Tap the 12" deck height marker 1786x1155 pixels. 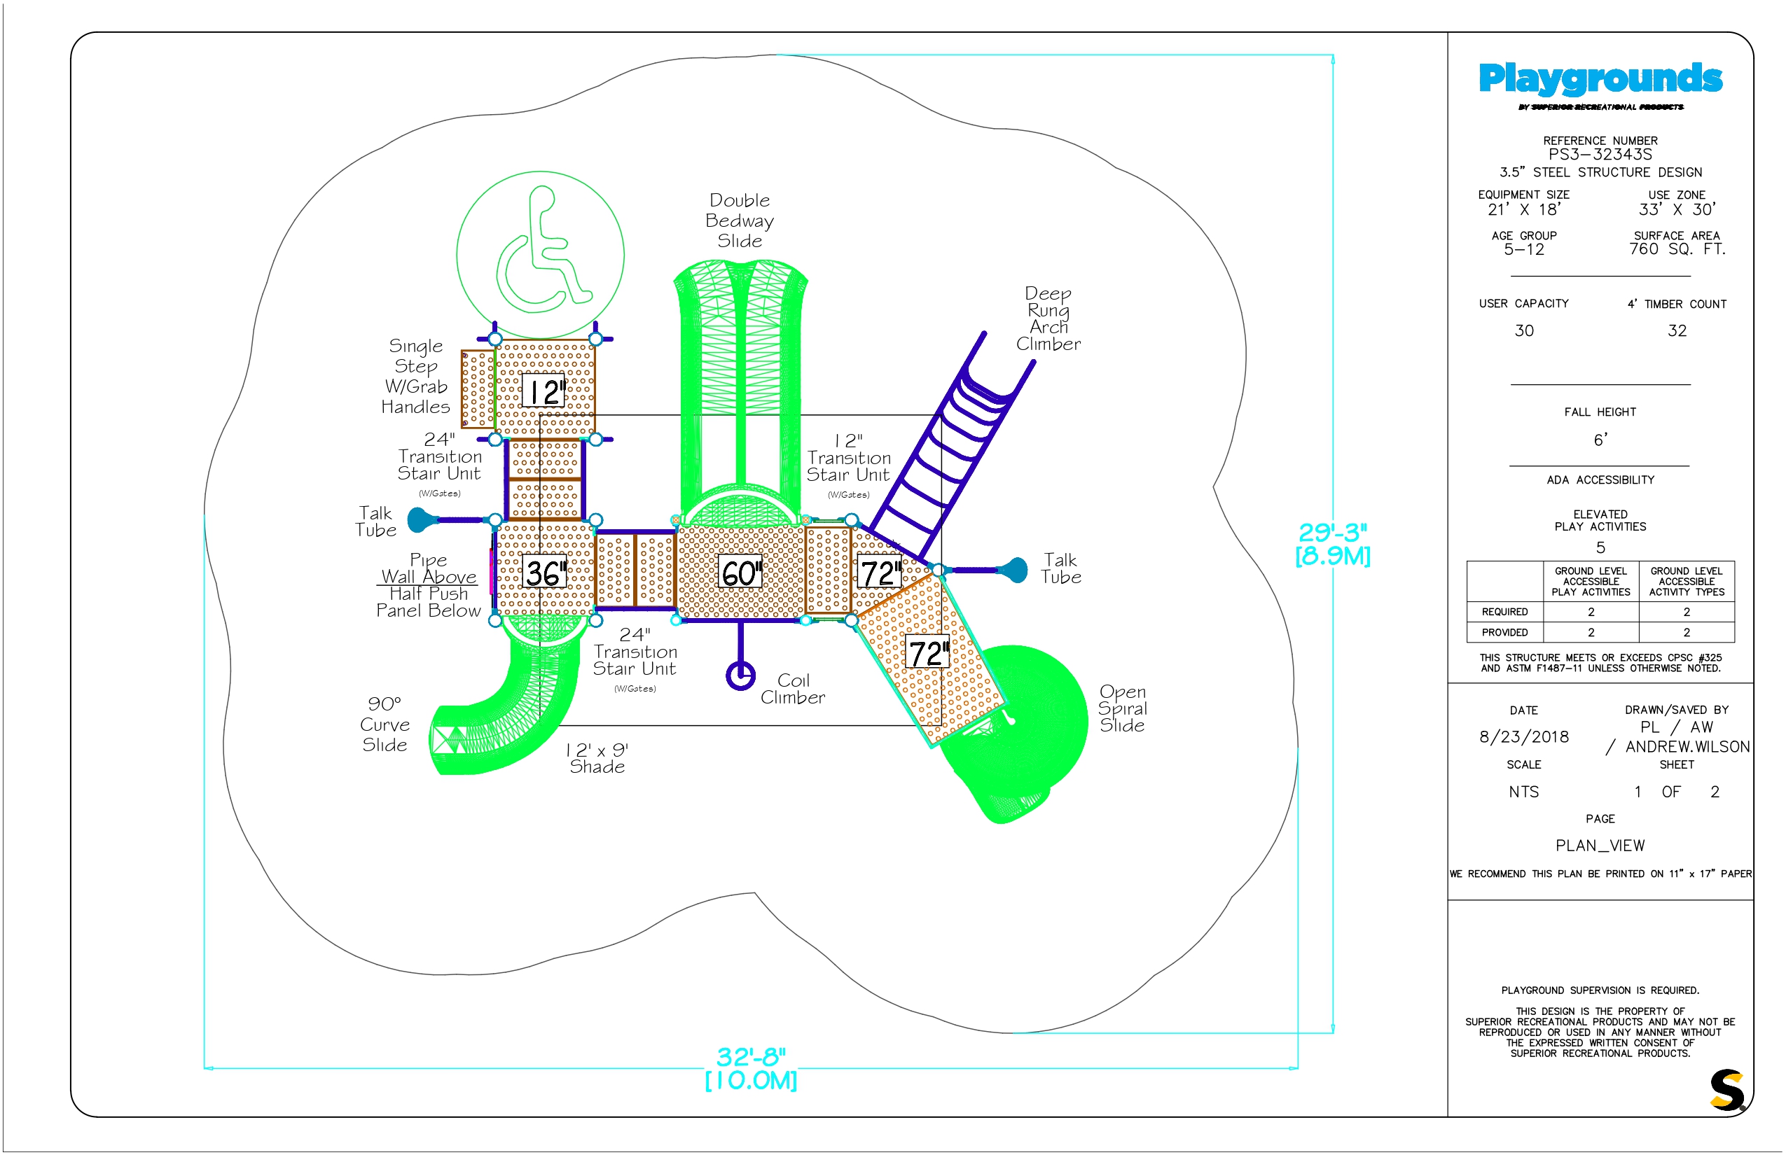click(x=544, y=391)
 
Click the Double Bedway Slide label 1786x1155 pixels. click(x=740, y=220)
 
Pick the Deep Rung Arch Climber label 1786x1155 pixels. click(x=1048, y=318)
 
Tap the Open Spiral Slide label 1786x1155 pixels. click(x=1122, y=708)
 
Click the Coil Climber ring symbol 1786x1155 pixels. click(x=740, y=675)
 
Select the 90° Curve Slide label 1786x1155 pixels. click(x=385, y=724)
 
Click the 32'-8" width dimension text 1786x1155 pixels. click(x=751, y=1057)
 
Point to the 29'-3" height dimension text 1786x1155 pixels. click(x=1333, y=533)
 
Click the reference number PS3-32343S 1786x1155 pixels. click(x=1600, y=155)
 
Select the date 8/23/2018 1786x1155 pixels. click(x=1523, y=736)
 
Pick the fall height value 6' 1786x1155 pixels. click(x=1600, y=440)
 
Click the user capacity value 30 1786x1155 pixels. click(x=1523, y=330)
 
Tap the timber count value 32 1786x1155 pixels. click(x=1677, y=330)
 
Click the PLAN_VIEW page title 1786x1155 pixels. click(x=1600, y=846)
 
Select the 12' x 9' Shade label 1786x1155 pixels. click(x=597, y=758)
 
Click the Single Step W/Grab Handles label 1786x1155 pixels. click(x=416, y=377)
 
